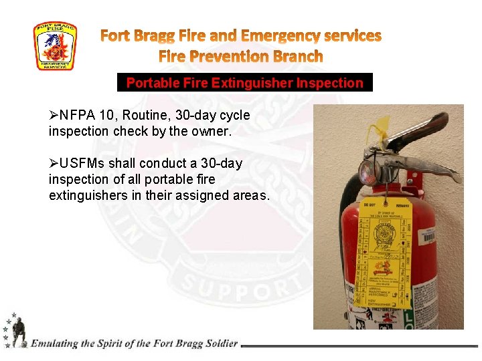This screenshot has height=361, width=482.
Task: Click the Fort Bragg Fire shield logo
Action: [55, 46]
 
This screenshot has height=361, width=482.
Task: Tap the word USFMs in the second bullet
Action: [79, 163]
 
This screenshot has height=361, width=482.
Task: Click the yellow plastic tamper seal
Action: [382, 128]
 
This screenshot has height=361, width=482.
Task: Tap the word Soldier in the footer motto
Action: [219, 344]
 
